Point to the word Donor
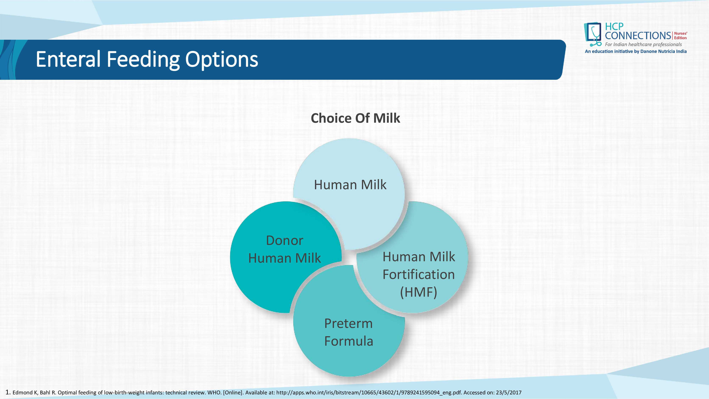285,240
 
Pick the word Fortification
419,274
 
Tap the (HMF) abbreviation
419,292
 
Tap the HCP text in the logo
614,27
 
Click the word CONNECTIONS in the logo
638,36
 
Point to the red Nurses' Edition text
680,35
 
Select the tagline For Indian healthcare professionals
643,44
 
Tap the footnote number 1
8,392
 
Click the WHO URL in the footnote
369,393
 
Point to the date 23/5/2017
509,393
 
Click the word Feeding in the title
143,60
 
